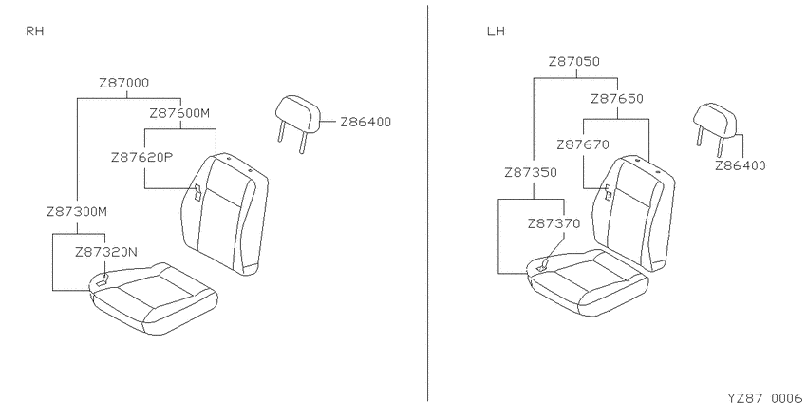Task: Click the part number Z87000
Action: pyautogui.click(x=124, y=83)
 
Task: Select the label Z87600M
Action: pyautogui.click(x=179, y=113)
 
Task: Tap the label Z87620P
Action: pyautogui.click(x=141, y=158)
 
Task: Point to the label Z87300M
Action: pyautogui.click(x=77, y=212)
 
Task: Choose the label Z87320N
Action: pyautogui.click(x=106, y=252)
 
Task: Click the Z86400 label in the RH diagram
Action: pyautogui.click(x=366, y=122)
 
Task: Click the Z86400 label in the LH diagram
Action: pyautogui.click(x=741, y=165)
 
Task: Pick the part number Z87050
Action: pyautogui.click(x=573, y=62)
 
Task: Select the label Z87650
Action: pyautogui.click(x=617, y=99)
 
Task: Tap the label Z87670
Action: pyautogui.click(x=583, y=145)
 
